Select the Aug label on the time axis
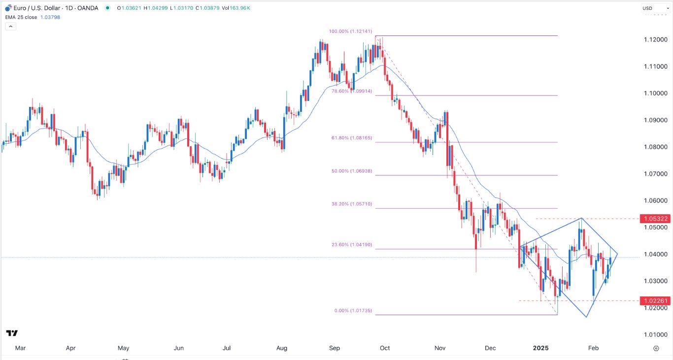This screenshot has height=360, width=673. pyautogui.click(x=281, y=348)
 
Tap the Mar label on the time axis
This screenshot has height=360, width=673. pyautogui.click(x=20, y=348)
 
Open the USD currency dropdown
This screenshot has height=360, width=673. pyautogui.click(x=653, y=8)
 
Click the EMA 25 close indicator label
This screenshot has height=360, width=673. pyautogui.click(x=31, y=16)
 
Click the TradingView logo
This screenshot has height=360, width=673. pyautogui.click(x=12, y=333)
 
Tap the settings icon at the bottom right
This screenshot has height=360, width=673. pyautogui.click(x=656, y=348)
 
